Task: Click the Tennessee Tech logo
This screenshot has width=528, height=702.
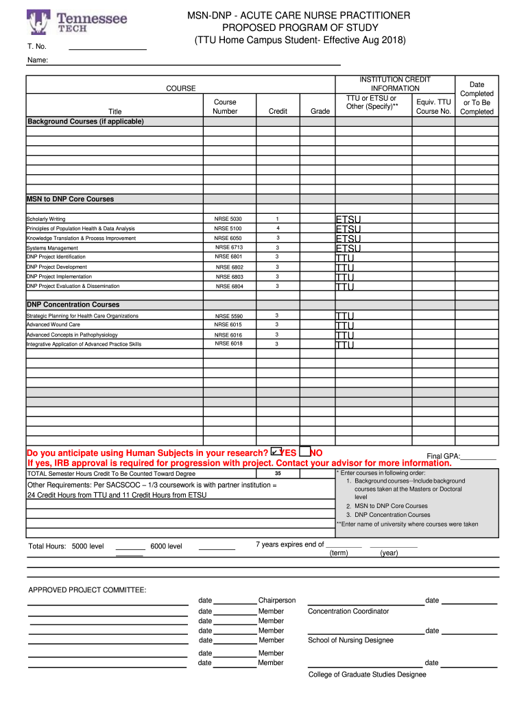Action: click(77, 22)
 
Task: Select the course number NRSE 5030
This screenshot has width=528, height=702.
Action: click(228, 219)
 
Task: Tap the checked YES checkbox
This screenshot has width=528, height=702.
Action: click(276, 451)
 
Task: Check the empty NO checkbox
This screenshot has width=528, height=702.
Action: click(304, 451)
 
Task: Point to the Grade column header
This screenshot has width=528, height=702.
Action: click(320, 111)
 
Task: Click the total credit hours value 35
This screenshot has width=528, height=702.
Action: click(278, 474)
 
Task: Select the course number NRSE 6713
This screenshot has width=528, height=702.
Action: click(229, 247)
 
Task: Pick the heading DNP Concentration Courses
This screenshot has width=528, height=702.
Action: click(73, 304)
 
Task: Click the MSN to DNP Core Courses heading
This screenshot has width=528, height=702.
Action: click(70, 199)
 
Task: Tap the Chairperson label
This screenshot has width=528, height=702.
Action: click(277, 601)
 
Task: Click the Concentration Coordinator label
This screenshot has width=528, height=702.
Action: click(348, 611)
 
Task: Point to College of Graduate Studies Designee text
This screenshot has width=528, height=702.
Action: click(367, 675)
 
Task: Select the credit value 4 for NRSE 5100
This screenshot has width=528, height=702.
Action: click(278, 228)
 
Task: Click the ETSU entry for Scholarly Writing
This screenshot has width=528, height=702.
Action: click(348, 219)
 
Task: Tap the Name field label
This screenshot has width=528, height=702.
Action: click(38, 61)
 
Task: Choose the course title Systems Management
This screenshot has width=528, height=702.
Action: click(52, 248)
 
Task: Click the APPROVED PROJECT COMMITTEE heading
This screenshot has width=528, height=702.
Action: click(87, 590)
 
